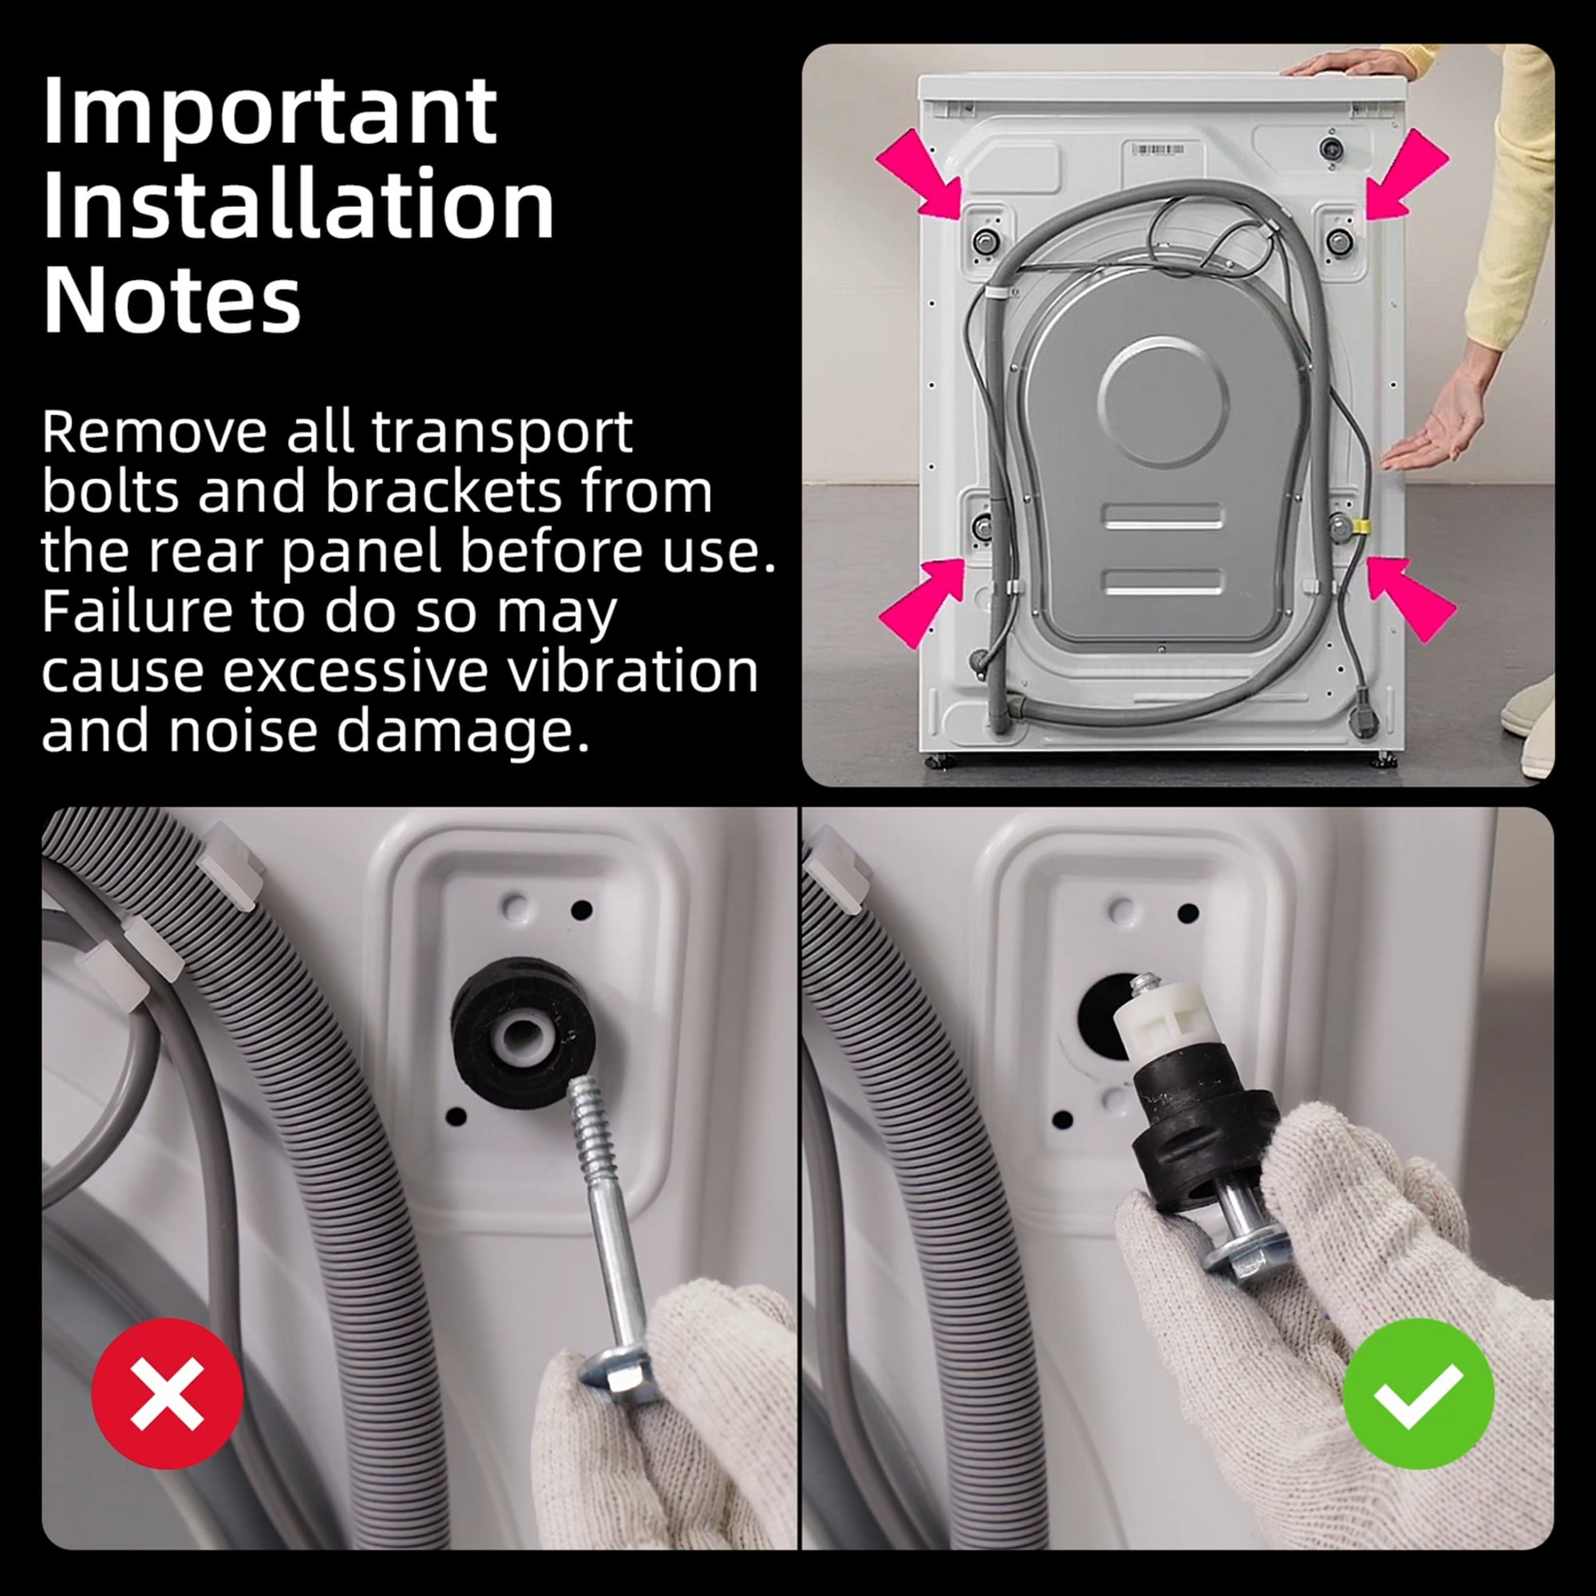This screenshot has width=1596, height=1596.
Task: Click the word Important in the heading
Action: pos(269,112)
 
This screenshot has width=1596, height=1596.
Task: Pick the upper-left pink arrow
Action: pos(919,172)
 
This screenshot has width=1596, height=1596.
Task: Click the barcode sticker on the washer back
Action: pos(1157,148)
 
